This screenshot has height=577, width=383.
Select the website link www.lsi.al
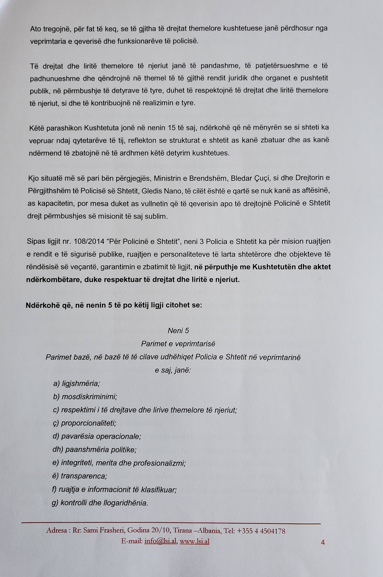click(194, 541)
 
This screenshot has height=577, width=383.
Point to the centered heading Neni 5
click(178, 330)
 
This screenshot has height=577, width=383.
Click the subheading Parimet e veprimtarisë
click(178, 344)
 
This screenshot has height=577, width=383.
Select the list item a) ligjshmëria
click(76, 383)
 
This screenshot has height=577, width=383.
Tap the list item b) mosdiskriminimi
click(85, 397)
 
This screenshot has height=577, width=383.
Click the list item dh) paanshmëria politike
click(94, 450)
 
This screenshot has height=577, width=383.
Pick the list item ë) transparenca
click(80, 476)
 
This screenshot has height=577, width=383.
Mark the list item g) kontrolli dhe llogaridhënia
click(100, 503)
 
